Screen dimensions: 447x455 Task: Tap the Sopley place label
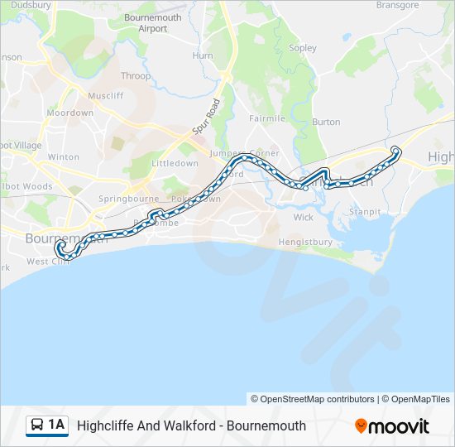point(303,48)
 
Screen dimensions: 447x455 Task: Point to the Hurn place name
point(203,55)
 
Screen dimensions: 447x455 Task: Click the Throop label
point(136,76)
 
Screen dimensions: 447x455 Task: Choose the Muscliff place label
point(105,96)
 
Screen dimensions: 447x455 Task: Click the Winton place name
point(64,156)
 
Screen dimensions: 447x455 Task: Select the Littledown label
point(175,164)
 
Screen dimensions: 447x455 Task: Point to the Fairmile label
point(267,118)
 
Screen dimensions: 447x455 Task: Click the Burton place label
point(326,122)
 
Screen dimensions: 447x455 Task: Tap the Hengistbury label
point(305,243)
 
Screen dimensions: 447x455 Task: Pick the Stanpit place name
point(365,212)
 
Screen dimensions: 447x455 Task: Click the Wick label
point(304,218)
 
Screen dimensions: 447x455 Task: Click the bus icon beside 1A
point(37,425)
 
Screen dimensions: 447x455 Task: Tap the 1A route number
point(56,425)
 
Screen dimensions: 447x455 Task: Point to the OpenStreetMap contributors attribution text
point(312,399)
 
